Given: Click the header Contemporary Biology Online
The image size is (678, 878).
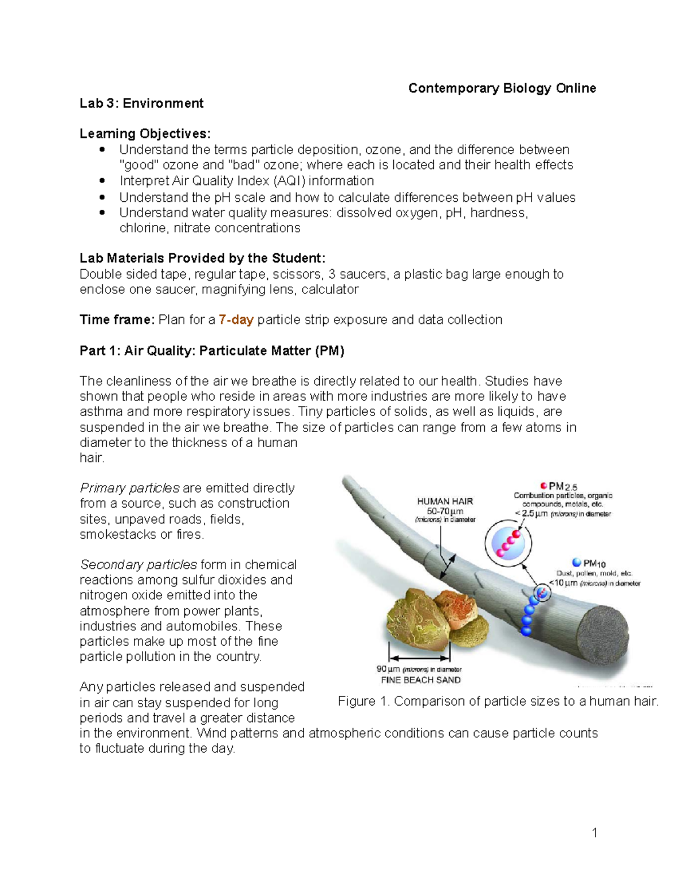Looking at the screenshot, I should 502,88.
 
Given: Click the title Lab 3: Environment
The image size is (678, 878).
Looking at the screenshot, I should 141,103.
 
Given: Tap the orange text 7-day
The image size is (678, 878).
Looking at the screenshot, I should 236,320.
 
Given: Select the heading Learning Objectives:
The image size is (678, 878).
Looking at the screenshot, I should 145,134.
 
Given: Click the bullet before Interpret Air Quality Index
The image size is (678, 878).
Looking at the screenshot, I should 102,181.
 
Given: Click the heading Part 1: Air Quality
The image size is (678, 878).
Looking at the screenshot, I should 212,351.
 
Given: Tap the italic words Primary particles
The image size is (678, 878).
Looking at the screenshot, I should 129,488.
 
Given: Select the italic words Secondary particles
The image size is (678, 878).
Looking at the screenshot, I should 138,565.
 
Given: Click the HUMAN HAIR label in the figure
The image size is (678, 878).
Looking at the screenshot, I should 445,501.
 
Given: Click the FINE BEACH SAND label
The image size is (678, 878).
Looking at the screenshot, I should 420,680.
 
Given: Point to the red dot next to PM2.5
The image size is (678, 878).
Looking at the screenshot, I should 544,486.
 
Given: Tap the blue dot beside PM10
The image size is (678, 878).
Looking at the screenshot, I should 576,563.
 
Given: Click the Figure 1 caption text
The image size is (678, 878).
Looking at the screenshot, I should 498,702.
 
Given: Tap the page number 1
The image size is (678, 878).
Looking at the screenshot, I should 594,833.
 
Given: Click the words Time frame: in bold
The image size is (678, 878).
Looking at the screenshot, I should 116,320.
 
